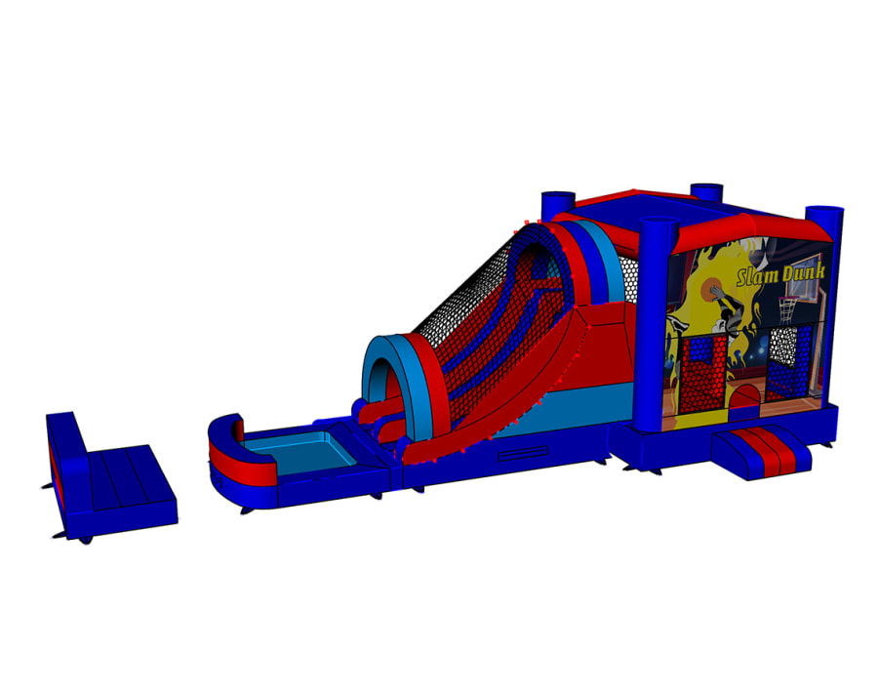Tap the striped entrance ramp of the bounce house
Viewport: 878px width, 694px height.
[762, 451]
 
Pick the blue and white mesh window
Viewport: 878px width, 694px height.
[789, 362]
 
